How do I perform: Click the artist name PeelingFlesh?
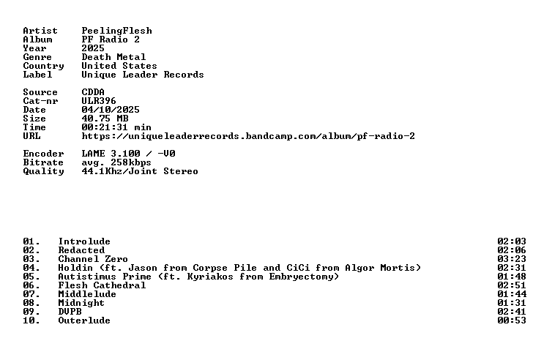(x=116, y=31)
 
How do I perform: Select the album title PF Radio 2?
(x=111, y=40)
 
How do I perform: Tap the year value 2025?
(x=93, y=48)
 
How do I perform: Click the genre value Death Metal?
(x=113, y=57)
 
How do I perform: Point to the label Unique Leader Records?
(x=143, y=75)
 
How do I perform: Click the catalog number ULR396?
(x=99, y=101)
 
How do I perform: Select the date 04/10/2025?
(x=111, y=110)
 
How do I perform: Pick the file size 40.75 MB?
(x=105, y=119)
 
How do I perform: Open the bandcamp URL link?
(x=248, y=136)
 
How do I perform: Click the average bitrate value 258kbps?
(x=131, y=162)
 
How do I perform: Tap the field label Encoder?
(x=43, y=154)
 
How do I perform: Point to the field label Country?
(x=43, y=66)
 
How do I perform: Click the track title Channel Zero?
(x=93, y=259)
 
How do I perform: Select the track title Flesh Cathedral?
(x=102, y=285)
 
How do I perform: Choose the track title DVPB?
(x=70, y=312)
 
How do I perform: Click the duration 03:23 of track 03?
(x=512, y=259)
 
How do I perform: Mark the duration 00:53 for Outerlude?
(x=512, y=320)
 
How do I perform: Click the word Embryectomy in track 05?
(x=301, y=277)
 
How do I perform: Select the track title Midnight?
(x=81, y=303)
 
